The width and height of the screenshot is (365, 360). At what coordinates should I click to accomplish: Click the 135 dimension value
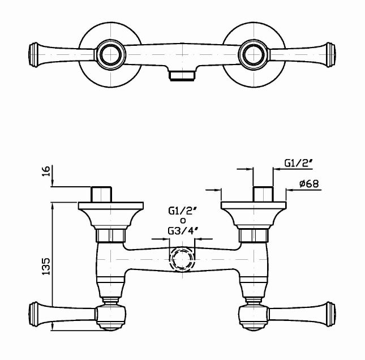[46, 266]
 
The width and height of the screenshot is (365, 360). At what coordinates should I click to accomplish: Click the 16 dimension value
[46, 171]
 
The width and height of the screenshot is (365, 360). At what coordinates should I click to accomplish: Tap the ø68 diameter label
[309, 184]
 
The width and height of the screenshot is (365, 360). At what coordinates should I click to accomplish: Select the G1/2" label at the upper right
[298, 163]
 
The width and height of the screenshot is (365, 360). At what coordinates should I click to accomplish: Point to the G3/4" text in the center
[183, 231]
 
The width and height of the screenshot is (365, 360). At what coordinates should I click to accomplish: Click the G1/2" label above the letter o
[183, 211]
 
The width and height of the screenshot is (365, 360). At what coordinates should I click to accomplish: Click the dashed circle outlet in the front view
[182, 259]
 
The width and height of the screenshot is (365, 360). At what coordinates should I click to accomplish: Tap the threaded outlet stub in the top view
[182, 76]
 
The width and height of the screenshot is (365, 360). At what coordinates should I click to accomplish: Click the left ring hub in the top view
[110, 55]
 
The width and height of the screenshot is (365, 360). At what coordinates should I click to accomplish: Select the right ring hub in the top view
[254, 55]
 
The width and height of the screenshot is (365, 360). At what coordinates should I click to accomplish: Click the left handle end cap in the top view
[33, 55]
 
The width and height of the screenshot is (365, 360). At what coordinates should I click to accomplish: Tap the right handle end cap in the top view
[331, 55]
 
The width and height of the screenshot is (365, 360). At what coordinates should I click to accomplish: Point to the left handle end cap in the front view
[33, 314]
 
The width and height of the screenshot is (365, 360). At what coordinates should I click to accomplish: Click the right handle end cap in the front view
[331, 314]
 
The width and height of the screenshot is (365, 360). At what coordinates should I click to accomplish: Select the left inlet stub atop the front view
[101, 194]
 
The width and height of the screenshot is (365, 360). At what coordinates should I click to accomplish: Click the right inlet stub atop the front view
[263, 194]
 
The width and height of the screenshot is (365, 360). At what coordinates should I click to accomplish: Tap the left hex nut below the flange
[110, 235]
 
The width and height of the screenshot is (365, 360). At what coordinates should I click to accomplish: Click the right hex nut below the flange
[254, 235]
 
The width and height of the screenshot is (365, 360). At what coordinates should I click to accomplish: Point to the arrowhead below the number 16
[53, 183]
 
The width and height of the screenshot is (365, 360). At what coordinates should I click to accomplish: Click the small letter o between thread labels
[183, 221]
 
